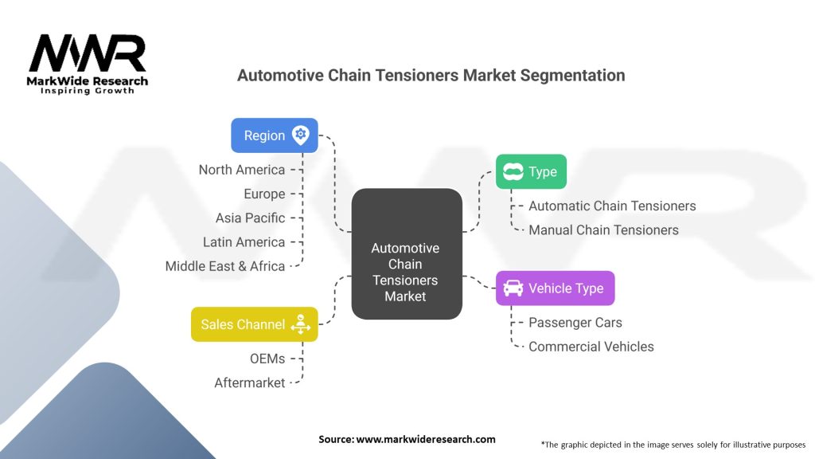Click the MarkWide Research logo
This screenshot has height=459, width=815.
tap(88, 62)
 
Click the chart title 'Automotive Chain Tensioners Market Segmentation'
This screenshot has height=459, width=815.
tap(431, 76)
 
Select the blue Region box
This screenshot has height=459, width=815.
tap(274, 135)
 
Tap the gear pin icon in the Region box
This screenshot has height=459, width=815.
tap(300, 135)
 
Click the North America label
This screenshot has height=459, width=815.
tap(241, 170)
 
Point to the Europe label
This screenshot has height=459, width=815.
tap(264, 194)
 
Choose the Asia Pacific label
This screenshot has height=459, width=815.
tap(250, 218)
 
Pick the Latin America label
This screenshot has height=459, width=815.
tap(244, 242)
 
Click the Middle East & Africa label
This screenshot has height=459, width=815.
tap(224, 266)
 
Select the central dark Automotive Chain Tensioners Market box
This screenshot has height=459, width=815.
tap(406, 254)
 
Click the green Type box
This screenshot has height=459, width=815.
tap(531, 171)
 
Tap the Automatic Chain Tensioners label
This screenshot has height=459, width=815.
tap(612, 206)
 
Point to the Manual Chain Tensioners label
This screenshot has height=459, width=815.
tap(603, 229)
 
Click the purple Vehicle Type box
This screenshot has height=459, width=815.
tap(555, 288)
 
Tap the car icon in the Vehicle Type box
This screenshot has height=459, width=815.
tap(513, 288)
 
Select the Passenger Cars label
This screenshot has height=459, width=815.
tap(575, 323)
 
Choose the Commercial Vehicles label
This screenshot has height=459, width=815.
tap(591, 347)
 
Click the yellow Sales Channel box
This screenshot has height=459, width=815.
tap(254, 324)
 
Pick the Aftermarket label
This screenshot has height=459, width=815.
tap(249, 382)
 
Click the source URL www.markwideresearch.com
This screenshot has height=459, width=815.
tap(425, 439)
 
